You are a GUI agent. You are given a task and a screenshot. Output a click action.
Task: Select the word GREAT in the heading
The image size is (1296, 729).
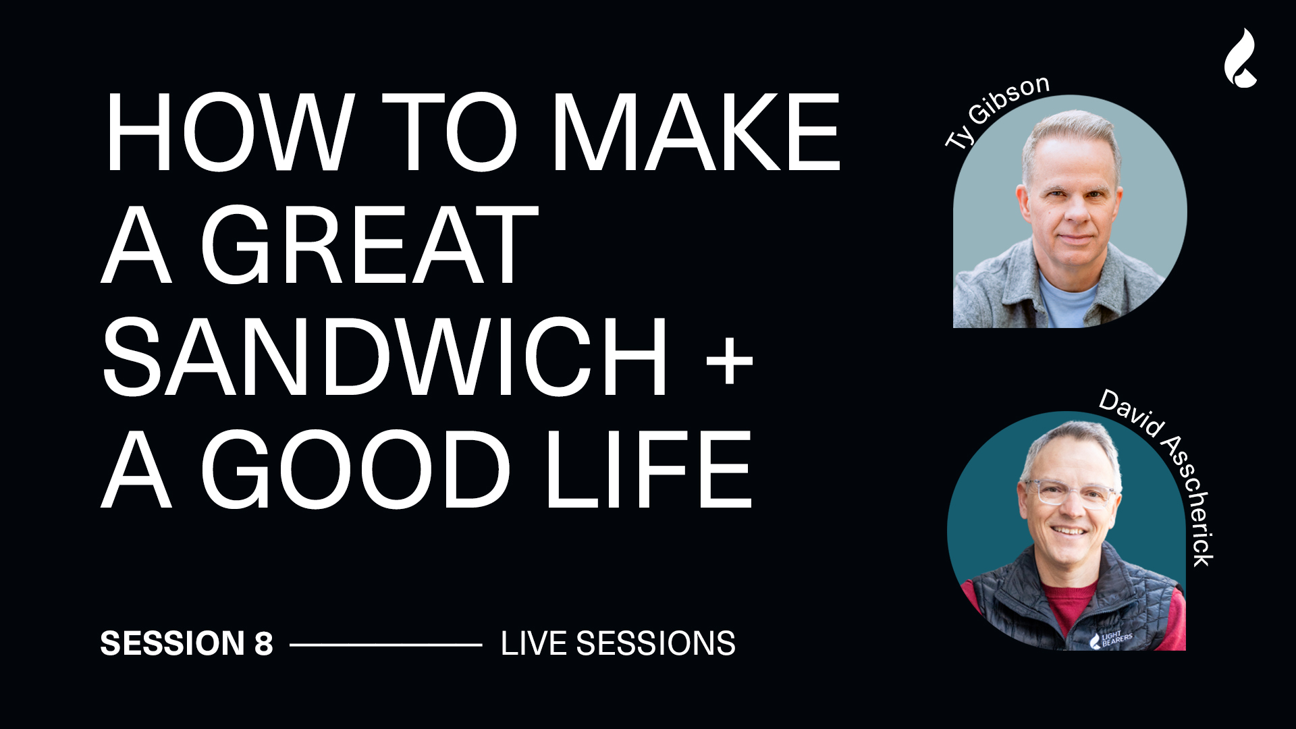coord(369,245)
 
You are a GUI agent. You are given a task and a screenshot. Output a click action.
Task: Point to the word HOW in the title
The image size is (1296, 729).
coord(230,132)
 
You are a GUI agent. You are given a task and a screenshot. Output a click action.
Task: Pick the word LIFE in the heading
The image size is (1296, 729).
coord(649,470)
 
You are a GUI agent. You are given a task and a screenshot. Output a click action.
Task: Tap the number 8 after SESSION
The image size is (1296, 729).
coord(264,643)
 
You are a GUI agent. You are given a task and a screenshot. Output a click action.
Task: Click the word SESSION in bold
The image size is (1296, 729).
coord(172,643)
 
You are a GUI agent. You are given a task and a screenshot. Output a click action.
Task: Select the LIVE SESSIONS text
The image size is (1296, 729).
coord(618,643)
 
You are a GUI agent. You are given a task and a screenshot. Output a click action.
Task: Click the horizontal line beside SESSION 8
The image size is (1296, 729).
coord(385,645)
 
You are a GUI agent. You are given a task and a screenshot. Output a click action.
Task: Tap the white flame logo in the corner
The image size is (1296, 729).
coord(1241,58)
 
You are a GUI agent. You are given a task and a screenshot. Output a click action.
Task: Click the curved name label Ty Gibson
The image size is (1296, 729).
coord(996,111)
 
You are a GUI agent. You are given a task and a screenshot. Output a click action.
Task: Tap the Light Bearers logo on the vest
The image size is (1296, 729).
coord(1110,639)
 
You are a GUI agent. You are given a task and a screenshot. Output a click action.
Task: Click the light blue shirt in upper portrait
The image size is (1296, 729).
coord(1067,301)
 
